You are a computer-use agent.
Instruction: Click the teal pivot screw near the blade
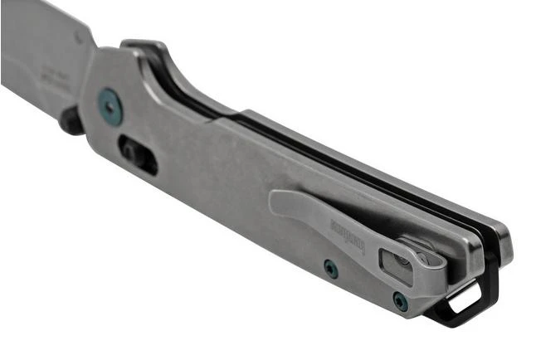coord(110,107)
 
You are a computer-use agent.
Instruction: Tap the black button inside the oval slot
coord(134,151)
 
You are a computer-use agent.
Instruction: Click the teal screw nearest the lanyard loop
coord(401,301)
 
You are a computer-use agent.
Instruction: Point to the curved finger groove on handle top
coord(187,83)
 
